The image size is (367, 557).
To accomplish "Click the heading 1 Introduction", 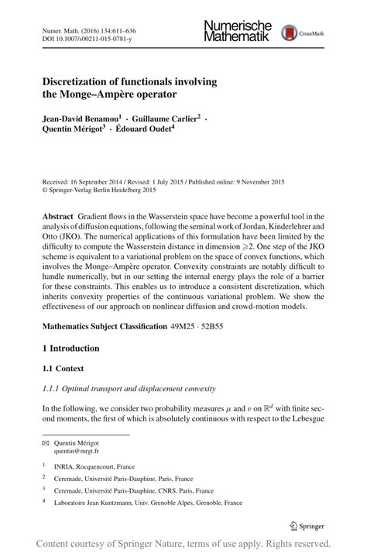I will pyautogui.click(x=70, y=349).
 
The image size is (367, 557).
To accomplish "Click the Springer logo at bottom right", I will pyautogui.click(x=308, y=524).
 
